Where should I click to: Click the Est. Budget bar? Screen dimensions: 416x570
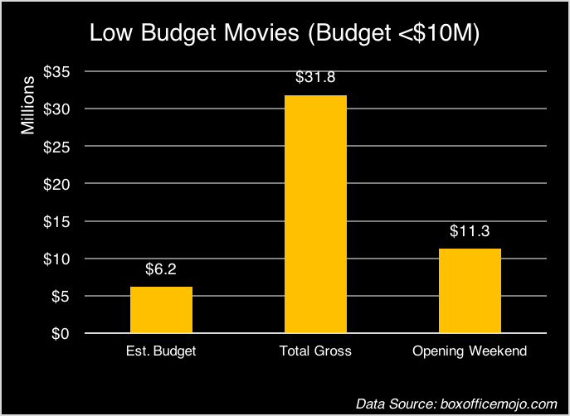click(161, 310)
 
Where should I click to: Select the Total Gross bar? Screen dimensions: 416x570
click(315, 214)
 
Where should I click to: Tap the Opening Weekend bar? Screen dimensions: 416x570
click(470, 290)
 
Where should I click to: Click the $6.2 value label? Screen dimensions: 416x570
click(162, 270)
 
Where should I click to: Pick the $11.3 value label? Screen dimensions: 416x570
click(470, 232)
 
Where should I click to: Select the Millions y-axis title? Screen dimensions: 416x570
click(29, 105)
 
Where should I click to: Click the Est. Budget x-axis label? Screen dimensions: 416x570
click(161, 351)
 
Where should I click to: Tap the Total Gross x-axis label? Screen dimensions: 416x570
click(315, 351)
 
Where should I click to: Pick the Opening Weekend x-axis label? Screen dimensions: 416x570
click(470, 351)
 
